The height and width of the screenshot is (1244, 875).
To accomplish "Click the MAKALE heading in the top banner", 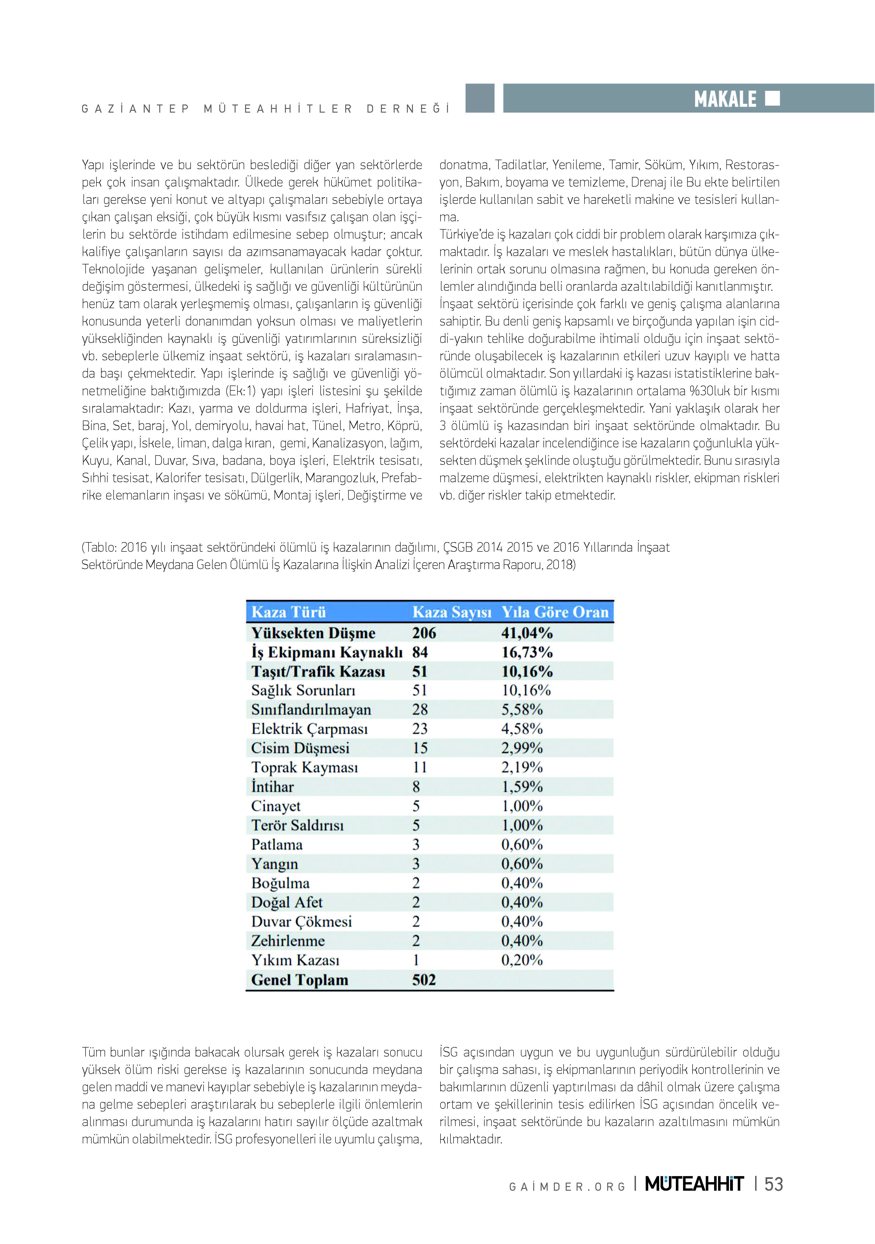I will [x=725, y=99].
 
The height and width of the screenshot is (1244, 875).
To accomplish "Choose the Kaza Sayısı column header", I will [x=452, y=612].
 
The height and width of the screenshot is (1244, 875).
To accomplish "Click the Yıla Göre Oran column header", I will [x=555, y=612].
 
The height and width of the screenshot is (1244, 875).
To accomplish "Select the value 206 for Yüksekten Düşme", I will [x=424, y=633].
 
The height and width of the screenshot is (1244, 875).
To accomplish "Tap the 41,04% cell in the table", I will [x=526, y=633].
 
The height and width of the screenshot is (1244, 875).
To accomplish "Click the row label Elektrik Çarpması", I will [x=310, y=729].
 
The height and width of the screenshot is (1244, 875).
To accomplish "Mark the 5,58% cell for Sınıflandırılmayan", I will [x=521, y=710].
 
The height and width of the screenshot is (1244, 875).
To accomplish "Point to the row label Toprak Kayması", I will [x=305, y=768].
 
